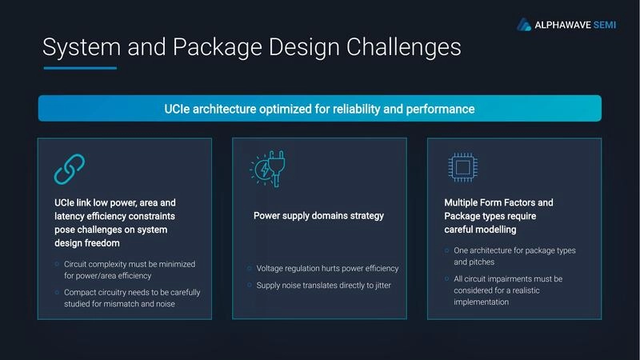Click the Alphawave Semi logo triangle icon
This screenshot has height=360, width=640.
tap(524, 24)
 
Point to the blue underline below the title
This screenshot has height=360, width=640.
tap(80, 68)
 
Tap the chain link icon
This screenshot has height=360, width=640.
tap(69, 169)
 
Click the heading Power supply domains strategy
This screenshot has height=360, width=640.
tap(318, 216)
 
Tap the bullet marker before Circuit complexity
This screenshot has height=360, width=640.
tap(56, 264)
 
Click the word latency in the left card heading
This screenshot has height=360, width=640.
tap(68, 217)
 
